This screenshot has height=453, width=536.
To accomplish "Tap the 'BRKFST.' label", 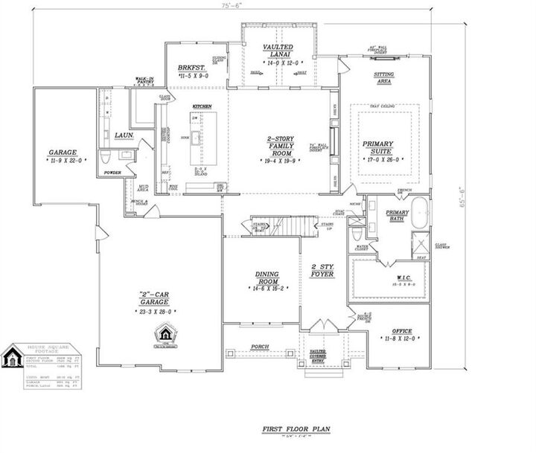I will point(191,68).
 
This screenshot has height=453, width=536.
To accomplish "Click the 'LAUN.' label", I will point(124,135).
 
